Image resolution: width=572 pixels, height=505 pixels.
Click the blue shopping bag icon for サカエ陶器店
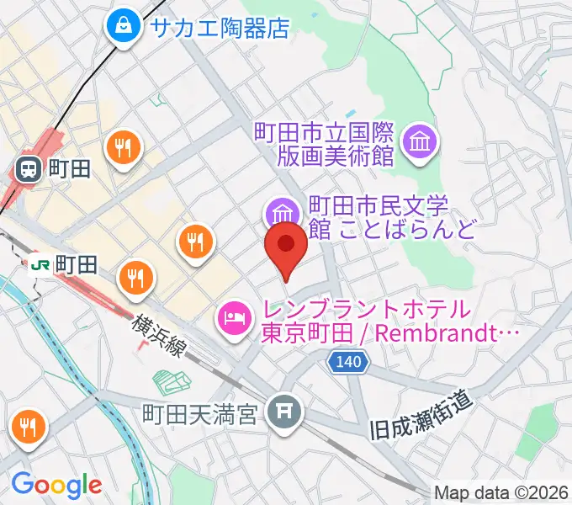124,27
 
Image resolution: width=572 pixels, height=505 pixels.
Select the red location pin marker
286,245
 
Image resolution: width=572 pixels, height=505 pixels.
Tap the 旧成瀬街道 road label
421,422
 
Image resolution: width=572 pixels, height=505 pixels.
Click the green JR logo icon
39,265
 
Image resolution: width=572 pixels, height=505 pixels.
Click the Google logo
56,485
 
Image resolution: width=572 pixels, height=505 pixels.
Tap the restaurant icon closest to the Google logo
27,428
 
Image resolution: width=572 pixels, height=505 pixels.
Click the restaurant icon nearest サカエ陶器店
124,149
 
